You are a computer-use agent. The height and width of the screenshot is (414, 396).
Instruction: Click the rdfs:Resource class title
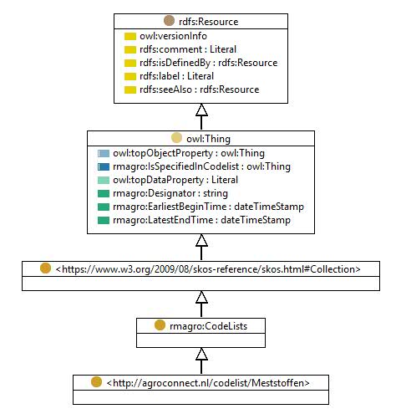208,22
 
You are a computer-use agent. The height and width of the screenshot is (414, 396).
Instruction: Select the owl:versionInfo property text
173,36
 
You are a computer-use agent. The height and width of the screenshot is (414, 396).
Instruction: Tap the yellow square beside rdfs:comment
130,49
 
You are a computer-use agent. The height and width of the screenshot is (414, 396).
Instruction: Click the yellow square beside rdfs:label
130,76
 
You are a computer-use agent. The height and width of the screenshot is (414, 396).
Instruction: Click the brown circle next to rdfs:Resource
169,21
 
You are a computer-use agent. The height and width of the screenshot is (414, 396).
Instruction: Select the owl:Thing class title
208,139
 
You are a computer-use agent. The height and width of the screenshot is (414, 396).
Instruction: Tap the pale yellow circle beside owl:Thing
176,138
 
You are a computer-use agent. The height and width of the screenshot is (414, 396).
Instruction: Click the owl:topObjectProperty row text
189,153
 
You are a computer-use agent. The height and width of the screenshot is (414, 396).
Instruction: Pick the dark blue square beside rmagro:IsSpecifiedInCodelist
104,166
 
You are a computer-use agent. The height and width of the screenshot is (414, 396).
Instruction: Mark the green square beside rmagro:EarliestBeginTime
104,207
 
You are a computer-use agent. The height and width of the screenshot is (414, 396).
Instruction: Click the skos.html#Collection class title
208,269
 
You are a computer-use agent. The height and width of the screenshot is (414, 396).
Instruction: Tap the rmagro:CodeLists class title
208,326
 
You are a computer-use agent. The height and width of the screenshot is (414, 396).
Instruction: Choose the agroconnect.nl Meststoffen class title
208,383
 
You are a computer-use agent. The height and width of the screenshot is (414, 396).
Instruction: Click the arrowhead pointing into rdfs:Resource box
201,110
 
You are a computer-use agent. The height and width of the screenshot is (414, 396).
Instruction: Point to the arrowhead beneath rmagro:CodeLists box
201,354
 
